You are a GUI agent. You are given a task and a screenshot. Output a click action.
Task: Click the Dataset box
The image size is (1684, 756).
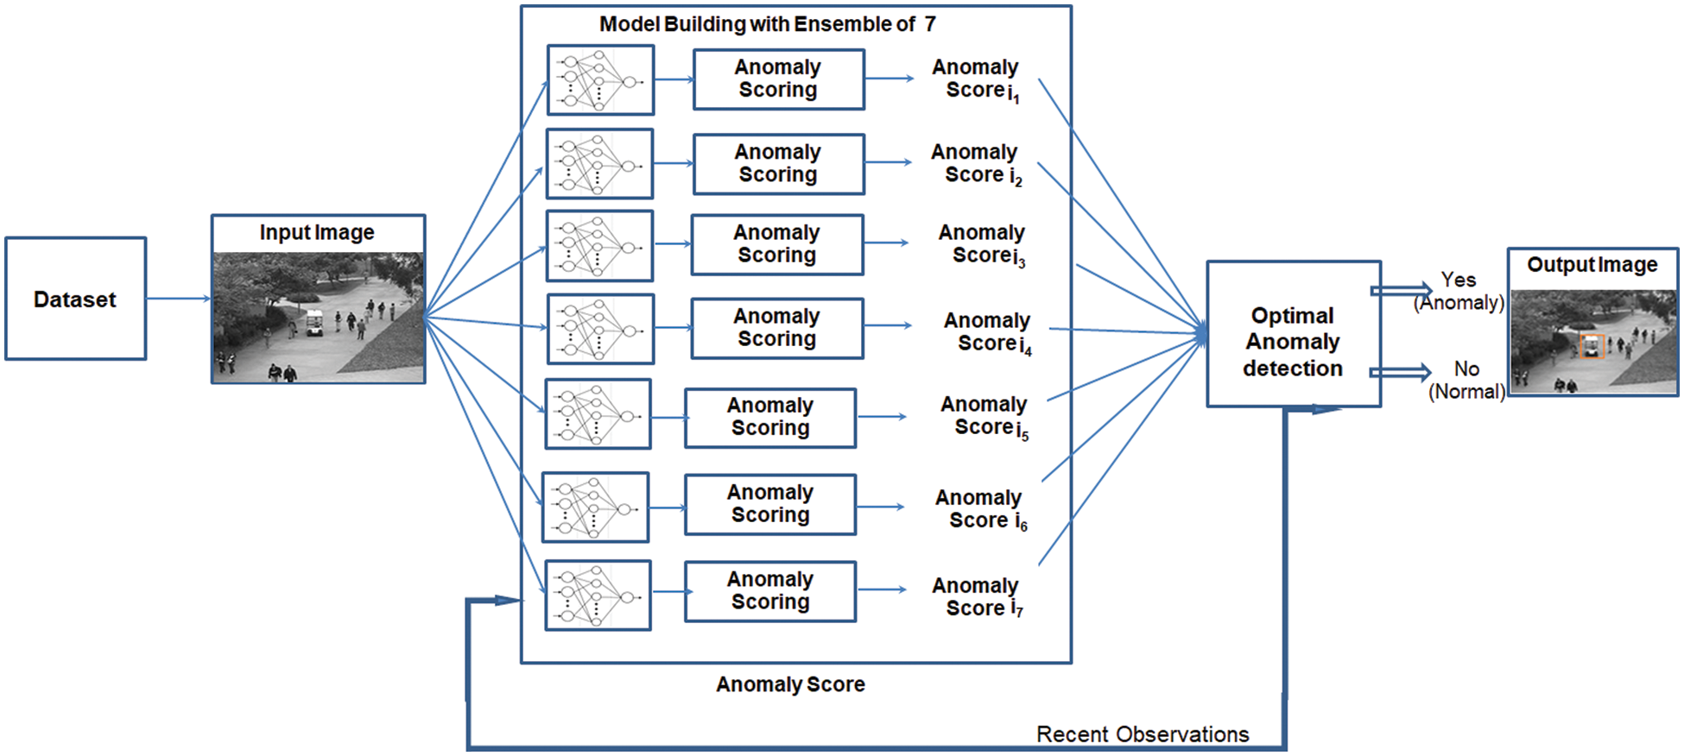(76, 299)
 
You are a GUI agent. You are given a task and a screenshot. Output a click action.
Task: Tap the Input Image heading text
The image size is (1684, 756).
(317, 233)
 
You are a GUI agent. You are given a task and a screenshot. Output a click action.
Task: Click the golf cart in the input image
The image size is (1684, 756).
(314, 323)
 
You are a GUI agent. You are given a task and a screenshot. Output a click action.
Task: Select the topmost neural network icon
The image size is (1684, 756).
(600, 80)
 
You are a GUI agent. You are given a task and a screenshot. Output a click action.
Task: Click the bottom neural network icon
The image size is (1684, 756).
(598, 595)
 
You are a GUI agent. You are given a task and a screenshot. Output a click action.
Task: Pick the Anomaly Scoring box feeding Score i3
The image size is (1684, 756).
(776, 244)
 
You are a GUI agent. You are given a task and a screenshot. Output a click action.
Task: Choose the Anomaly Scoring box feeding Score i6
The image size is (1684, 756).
(769, 504)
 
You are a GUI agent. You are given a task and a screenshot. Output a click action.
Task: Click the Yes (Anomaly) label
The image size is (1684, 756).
(1459, 292)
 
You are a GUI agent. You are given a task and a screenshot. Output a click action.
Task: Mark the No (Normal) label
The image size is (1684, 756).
(1466, 381)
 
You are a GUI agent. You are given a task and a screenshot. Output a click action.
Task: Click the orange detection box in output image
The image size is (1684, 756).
(1591, 347)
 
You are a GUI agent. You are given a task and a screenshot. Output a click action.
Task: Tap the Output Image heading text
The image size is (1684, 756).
(1592, 265)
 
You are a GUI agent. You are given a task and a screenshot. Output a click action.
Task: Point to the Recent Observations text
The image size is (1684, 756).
(1142, 734)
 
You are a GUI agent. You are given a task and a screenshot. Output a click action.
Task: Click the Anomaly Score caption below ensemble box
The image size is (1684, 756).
(790, 684)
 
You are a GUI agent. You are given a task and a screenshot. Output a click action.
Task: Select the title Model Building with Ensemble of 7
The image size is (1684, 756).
(767, 24)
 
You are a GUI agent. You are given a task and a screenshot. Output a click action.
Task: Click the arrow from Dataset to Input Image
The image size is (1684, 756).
(179, 299)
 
